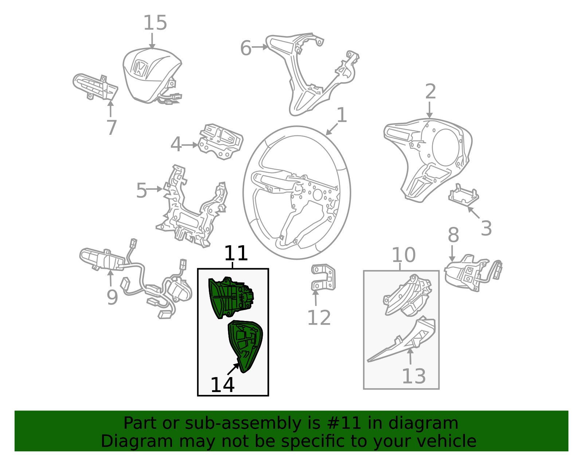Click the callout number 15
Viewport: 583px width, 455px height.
coord(155,23)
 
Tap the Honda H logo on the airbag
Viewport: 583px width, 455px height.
coord(140,67)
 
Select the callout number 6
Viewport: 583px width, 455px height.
coord(246,48)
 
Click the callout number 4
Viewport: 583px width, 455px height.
coord(176,144)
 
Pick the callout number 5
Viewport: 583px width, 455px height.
coord(141,190)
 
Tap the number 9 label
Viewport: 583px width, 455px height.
coord(112,297)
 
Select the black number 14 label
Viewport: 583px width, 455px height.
coord(222,385)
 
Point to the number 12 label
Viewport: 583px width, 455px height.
coord(319,318)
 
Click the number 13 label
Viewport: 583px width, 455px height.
coord(414,376)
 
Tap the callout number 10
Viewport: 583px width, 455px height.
coord(403,255)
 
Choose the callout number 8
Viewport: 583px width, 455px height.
coord(453,235)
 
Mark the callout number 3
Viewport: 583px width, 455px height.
coord(486,228)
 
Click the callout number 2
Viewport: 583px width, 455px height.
coord(431,91)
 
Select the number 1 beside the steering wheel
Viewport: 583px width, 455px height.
coord(342,115)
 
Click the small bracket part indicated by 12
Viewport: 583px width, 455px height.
coord(323,277)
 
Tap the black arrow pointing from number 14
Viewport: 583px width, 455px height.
coord(233,369)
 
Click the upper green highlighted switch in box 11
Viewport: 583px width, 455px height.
coord(231,298)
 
